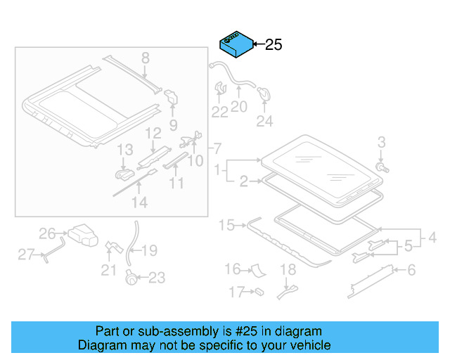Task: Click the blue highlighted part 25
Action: tap(236, 44)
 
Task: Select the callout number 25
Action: tap(273, 45)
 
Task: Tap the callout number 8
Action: tap(146, 58)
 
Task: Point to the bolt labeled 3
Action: tap(381, 168)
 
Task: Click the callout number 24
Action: tap(264, 122)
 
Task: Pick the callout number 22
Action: tap(220, 112)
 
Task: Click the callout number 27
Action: tap(26, 254)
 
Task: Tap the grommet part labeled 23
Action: tap(130, 278)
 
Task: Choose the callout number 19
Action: tap(150, 250)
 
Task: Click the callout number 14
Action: tap(140, 202)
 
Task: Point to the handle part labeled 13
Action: tap(124, 172)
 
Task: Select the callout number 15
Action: tap(226, 225)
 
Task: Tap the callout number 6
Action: tap(411, 270)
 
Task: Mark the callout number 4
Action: tap(432, 238)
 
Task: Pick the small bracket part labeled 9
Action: tap(172, 98)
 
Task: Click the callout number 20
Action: tap(239, 107)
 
